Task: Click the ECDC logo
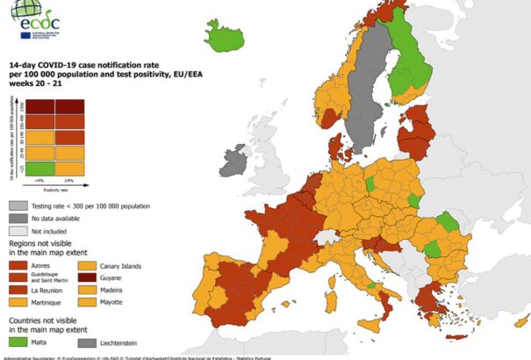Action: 38,17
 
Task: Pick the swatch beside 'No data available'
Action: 18,216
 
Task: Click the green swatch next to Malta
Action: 18,342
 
